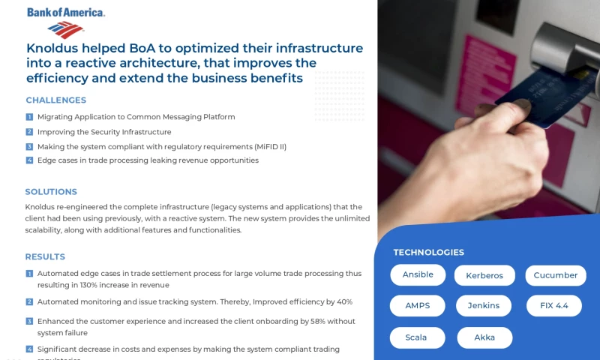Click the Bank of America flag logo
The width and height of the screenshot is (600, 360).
(x=65, y=29)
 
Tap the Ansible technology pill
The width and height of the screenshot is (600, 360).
(x=418, y=275)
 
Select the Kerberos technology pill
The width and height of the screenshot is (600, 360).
(x=484, y=275)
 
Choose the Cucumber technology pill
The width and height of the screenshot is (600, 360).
(x=555, y=275)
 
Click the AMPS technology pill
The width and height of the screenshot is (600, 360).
(x=418, y=306)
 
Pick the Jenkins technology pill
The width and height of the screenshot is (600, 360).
(x=484, y=306)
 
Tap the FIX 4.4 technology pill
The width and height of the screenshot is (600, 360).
(x=554, y=306)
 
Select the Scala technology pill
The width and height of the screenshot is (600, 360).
(x=416, y=337)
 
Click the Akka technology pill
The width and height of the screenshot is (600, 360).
(x=484, y=337)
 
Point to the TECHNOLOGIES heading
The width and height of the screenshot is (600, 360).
(x=428, y=252)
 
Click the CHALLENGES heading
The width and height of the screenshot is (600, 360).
(x=56, y=100)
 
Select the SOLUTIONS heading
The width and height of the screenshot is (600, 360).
(x=51, y=192)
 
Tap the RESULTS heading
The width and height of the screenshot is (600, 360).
(x=45, y=256)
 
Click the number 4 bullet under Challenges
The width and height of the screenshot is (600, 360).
(x=29, y=160)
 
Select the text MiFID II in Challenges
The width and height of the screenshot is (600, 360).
(x=270, y=146)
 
